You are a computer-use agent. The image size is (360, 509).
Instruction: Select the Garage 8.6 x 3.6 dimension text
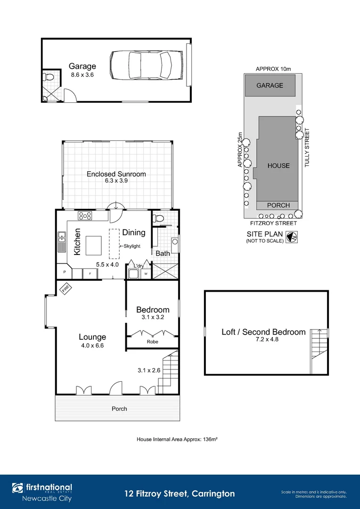83,74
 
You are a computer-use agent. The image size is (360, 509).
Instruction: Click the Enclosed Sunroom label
116,174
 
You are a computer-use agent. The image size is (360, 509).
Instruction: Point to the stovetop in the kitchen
85,216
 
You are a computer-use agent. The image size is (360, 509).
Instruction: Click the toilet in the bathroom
158,218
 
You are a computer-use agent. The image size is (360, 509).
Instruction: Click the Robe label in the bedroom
152,342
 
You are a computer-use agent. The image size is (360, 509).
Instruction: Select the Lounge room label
92,337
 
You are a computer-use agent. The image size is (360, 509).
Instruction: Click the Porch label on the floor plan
119,409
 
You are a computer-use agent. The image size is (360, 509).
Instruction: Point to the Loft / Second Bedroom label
263,332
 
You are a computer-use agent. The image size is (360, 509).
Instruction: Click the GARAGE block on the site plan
270,85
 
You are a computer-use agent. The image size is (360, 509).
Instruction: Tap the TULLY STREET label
307,148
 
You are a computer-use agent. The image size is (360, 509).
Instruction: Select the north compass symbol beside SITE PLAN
292,237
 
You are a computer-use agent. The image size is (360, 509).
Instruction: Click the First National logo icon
17,488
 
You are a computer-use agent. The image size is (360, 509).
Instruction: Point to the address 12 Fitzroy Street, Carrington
180,494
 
